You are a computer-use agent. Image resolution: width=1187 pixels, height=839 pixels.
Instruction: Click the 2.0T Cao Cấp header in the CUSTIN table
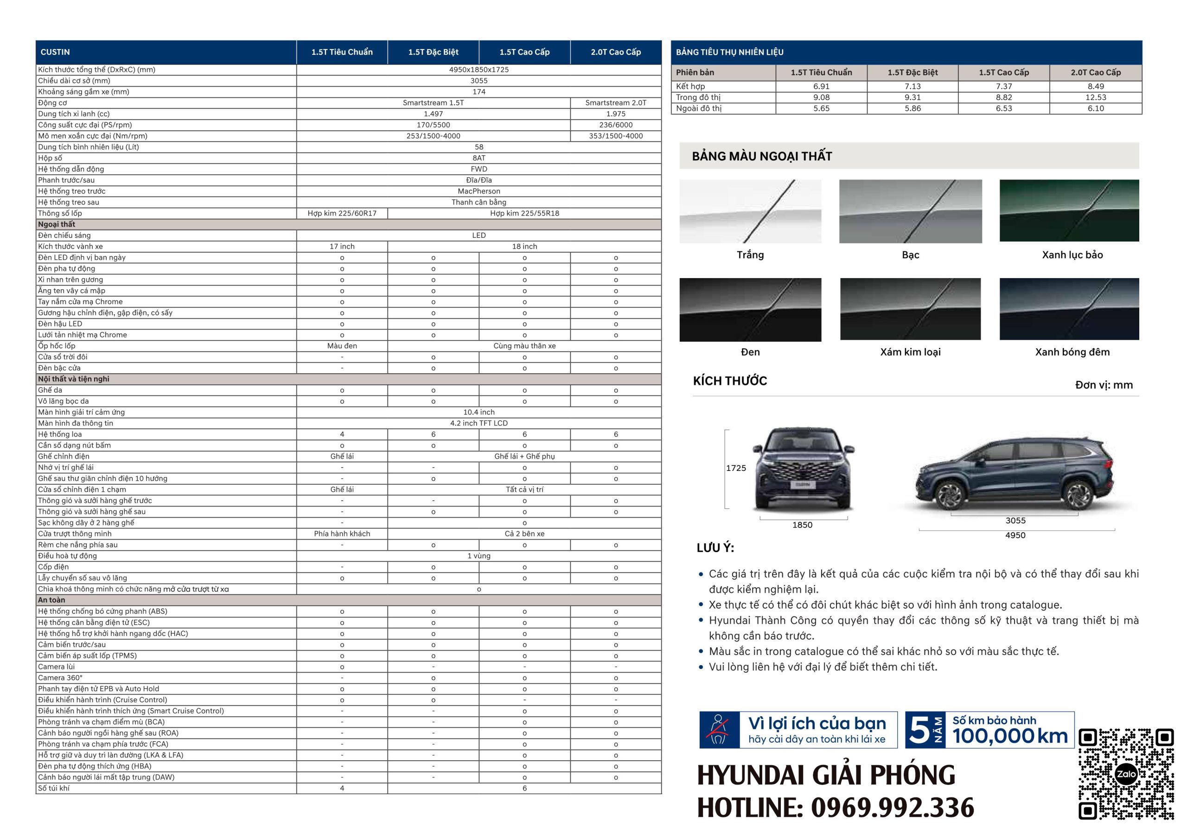[615, 52]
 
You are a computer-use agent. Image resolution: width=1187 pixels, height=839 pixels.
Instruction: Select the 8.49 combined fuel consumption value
[1095, 86]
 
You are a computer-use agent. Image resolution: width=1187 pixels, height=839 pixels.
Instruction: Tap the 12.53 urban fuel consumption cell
[1095, 97]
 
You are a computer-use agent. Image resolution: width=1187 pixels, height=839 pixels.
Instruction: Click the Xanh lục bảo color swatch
[1069, 210]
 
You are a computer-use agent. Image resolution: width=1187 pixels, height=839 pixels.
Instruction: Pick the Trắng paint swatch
[750, 211]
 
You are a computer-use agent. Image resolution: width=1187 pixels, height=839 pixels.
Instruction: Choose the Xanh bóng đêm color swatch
[1069, 309]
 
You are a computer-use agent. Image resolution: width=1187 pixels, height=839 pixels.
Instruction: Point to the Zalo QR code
[1126, 773]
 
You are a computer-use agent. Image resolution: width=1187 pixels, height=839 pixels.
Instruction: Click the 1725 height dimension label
[736, 468]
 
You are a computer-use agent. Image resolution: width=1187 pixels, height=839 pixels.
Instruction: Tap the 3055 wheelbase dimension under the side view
[1015, 521]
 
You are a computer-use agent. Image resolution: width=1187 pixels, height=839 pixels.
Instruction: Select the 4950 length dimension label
[1015, 535]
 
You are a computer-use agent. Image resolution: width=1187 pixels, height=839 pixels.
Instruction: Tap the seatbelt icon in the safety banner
[719, 730]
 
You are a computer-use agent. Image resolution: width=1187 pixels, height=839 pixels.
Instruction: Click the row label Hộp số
[50, 158]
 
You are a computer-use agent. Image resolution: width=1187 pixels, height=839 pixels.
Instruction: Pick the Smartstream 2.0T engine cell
[615, 103]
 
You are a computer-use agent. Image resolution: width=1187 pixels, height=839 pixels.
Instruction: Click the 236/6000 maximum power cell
[615, 125]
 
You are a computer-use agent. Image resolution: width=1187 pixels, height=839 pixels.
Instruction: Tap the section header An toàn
[51, 600]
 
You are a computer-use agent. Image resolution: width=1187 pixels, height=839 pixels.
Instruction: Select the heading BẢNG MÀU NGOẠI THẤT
[761, 156]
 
